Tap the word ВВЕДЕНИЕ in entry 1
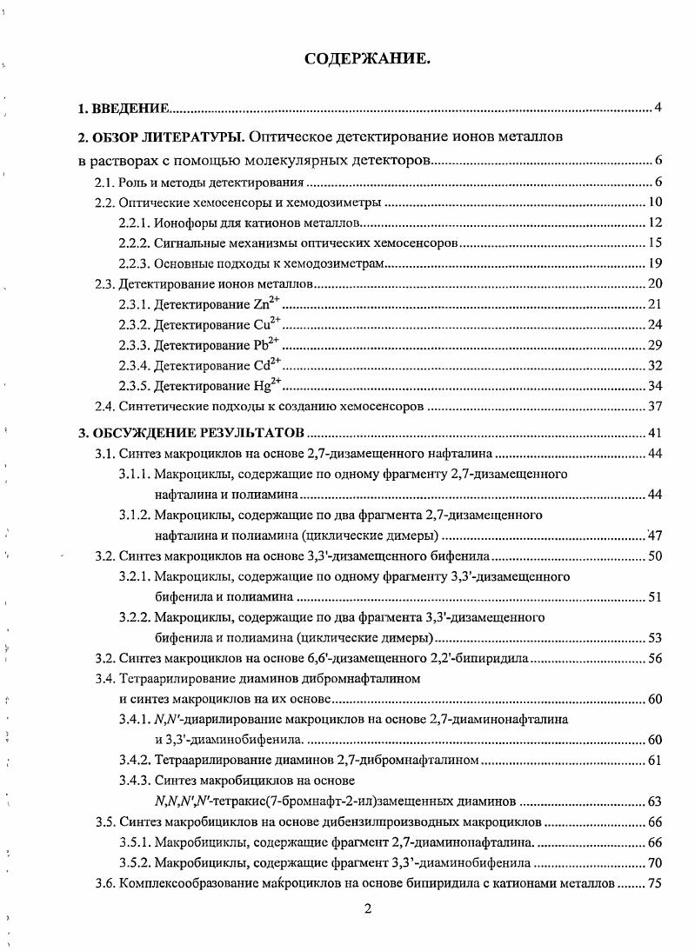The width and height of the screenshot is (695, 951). [129, 108]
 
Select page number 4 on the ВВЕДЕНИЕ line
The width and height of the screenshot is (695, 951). [658, 108]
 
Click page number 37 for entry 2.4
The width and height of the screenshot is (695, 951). [655, 406]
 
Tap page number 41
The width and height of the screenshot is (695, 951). [655, 432]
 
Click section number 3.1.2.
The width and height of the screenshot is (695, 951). [135, 515]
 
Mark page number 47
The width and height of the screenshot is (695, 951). [655, 535]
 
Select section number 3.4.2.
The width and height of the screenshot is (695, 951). [135, 760]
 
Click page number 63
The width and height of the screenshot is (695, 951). [655, 801]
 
